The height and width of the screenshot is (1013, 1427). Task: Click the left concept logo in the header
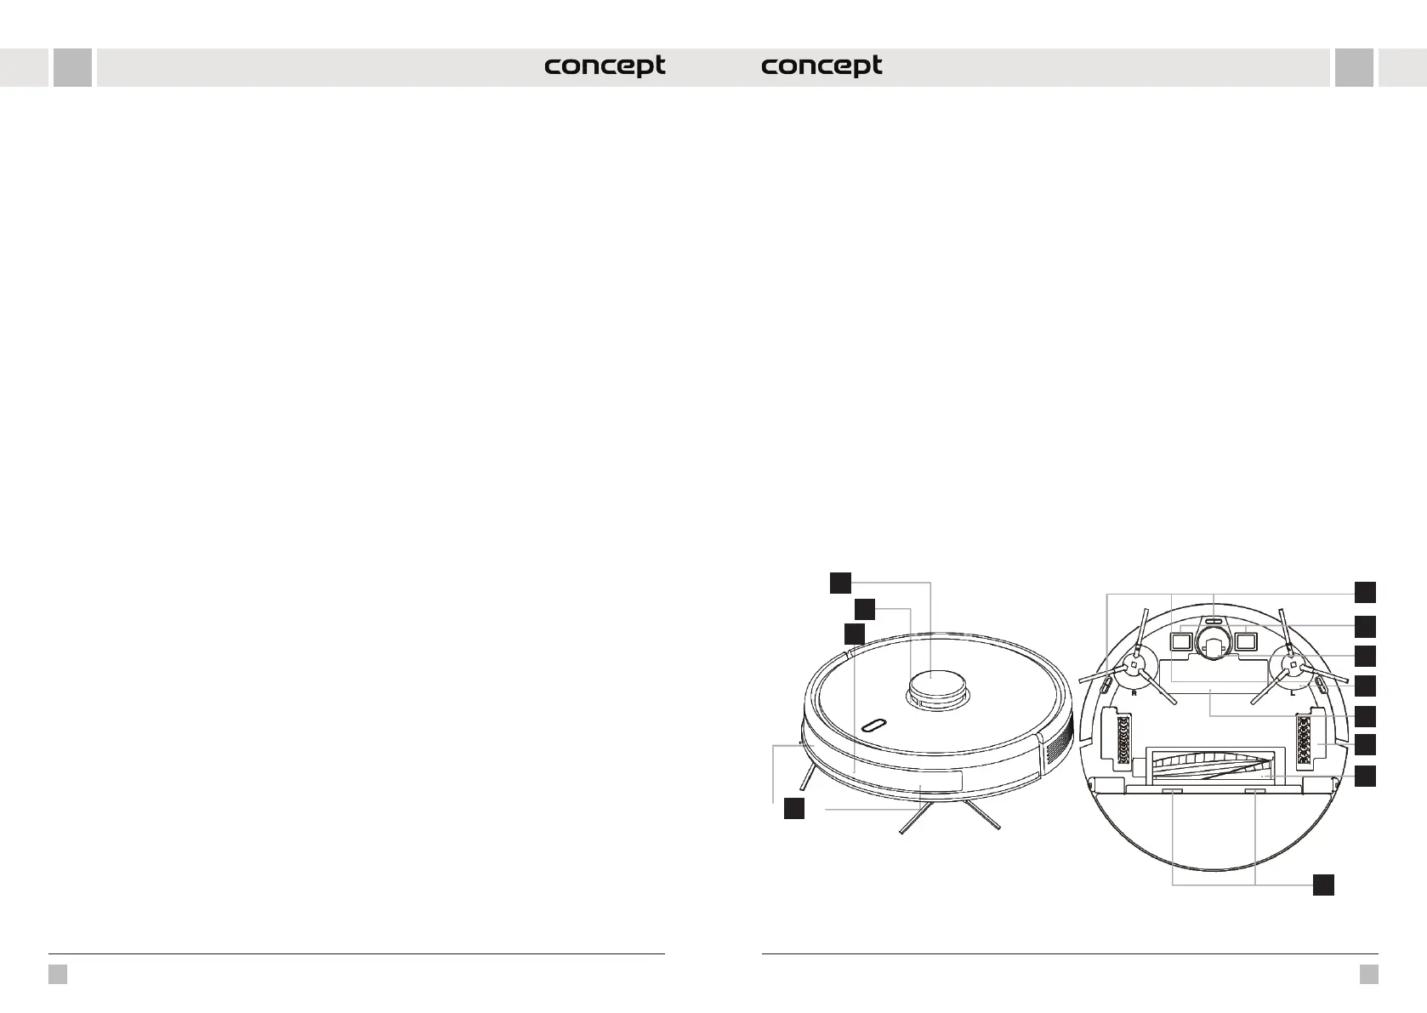tap(605, 66)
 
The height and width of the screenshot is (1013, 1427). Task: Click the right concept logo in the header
tap(822, 66)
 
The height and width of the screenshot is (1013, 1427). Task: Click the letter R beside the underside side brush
tap(1134, 693)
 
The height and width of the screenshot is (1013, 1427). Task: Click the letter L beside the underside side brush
tap(1292, 693)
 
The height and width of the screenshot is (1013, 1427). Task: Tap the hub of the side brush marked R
tap(1134, 667)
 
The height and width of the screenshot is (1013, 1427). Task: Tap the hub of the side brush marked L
tap(1292, 667)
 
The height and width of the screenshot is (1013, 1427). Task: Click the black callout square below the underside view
tap(1322, 885)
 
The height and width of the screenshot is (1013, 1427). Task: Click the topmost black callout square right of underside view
tap(1365, 592)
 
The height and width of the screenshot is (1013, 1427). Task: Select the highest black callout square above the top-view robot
tap(840, 582)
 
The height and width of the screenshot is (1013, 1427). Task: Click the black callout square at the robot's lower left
tap(793, 809)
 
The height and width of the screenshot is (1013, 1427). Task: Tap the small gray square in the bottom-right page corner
tap(1368, 974)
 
